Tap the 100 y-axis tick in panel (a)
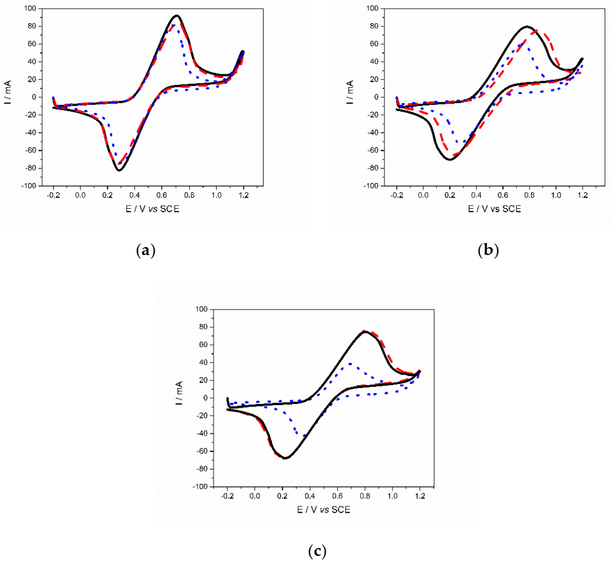pos(38,9)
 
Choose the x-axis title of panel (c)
pos(323,510)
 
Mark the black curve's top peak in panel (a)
pos(176,16)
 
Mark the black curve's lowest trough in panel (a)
pos(119,170)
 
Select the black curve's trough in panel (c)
pos(285,458)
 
